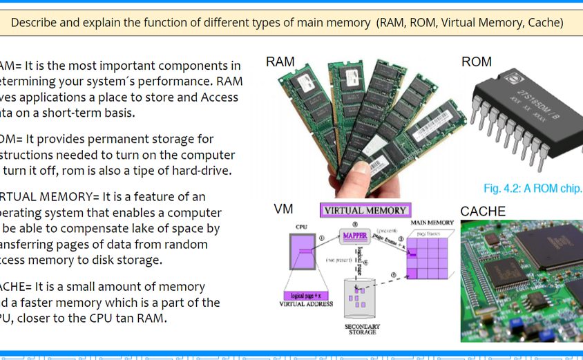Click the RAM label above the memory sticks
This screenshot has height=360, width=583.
[x=280, y=62]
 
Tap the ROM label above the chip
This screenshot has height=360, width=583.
[x=477, y=62]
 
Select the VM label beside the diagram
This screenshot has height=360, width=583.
[x=283, y=209]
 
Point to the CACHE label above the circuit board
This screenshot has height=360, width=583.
[x=483, y=211]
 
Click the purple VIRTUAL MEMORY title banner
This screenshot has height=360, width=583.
[x=365, y=210]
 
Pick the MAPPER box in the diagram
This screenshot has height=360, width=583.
[x=355, y=237]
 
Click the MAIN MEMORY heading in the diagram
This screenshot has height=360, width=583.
[x=432, y=223]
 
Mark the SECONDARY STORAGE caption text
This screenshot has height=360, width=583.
[x=362, y=330]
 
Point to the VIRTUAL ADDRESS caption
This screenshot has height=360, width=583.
[x=305, y=304]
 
